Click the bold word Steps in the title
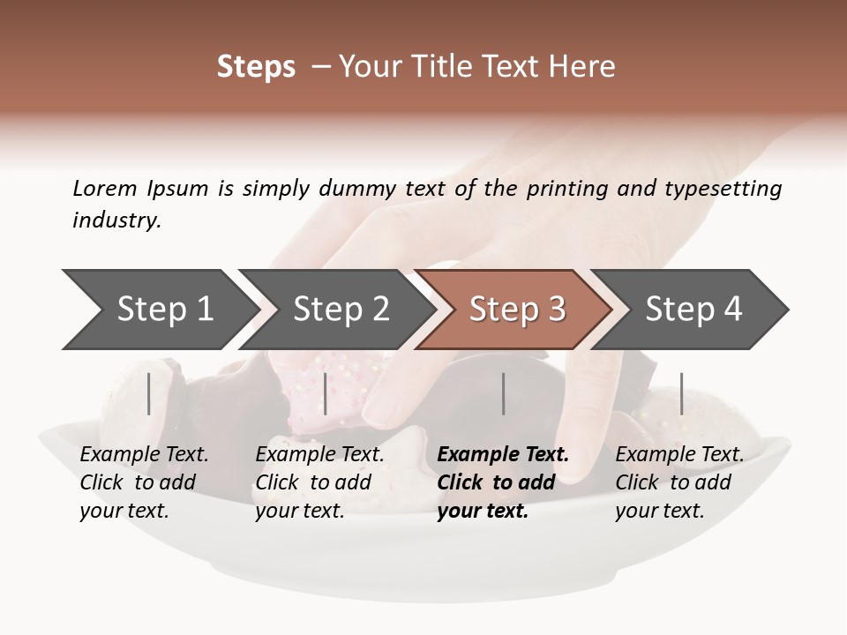pos(256,67)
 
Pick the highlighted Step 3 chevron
pos(517,310)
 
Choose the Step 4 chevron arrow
pos(693,310)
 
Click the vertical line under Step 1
pos(149,393)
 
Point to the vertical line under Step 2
pos(326,393)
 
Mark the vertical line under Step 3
pos(503,393)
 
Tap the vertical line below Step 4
pos(681,393)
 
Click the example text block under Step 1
pos(144,482)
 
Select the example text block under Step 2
pos(319,482)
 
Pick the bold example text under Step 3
pos(503,482)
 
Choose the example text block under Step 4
pos(679,482)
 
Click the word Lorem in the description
pos(105,188)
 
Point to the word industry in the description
pos(116,220)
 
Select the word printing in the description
pos(566,189)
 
